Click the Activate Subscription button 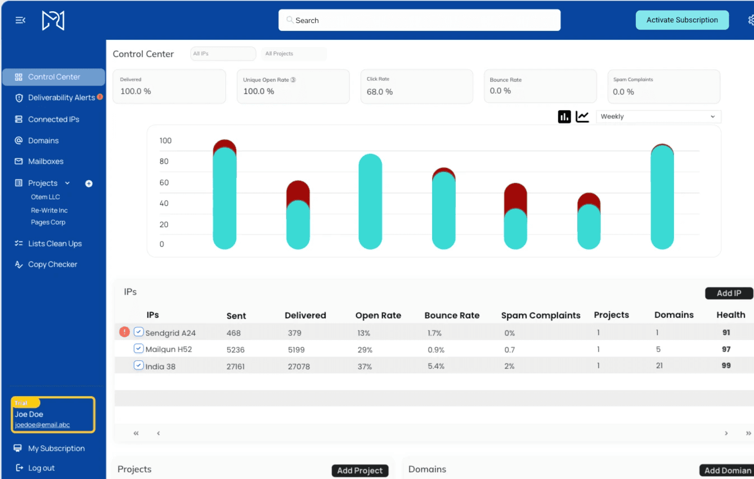tap(682, 20)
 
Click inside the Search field tap(420, 20)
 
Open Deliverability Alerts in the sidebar tap(61, 97)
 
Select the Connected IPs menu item tap(54, 119)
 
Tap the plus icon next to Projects tap(88, 184)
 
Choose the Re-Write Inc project tap(49, 210)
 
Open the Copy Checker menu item tap(53, 264)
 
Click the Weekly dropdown tap(658, 116)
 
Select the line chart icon tap(582, 116)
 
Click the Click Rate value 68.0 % tap(380, 92)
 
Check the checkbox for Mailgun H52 tap(138, 349)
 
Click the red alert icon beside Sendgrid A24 tap(124, 332)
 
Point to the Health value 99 tap(726, 365)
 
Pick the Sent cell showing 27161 tap(236, 367)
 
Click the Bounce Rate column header tap(452, 315)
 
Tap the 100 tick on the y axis tap(165, 140)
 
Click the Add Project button tap(360, 471)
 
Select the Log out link tap(41, 468)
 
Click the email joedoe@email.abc tap(43, 425)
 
